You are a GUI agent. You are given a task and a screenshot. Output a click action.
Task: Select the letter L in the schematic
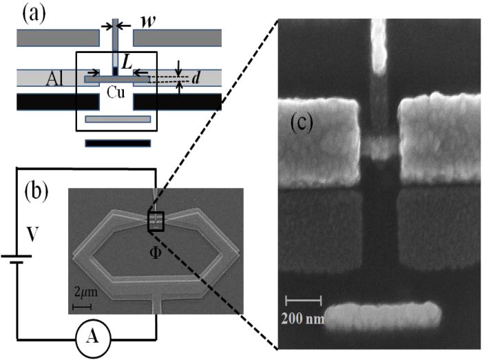coord(126,63)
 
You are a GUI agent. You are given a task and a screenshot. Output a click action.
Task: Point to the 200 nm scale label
coord(304,319)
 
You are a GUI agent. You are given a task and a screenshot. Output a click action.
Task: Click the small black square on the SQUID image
coord(156,222)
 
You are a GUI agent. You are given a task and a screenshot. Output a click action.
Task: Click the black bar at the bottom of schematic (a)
coord(118,143)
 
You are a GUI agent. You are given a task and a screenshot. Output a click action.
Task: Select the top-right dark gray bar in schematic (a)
coord(176,39)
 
